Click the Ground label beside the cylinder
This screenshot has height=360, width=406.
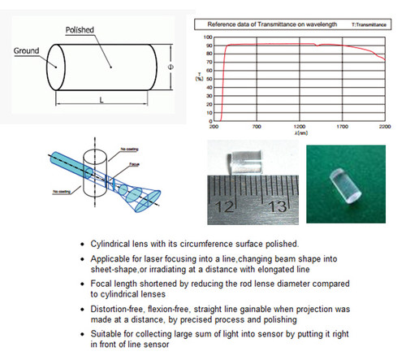[x=27, y=50]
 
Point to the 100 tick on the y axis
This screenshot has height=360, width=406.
[x=208, y=37]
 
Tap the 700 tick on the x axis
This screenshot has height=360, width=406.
[x=257, y=128]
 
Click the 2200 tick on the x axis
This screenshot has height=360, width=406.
[x=385, y=128]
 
